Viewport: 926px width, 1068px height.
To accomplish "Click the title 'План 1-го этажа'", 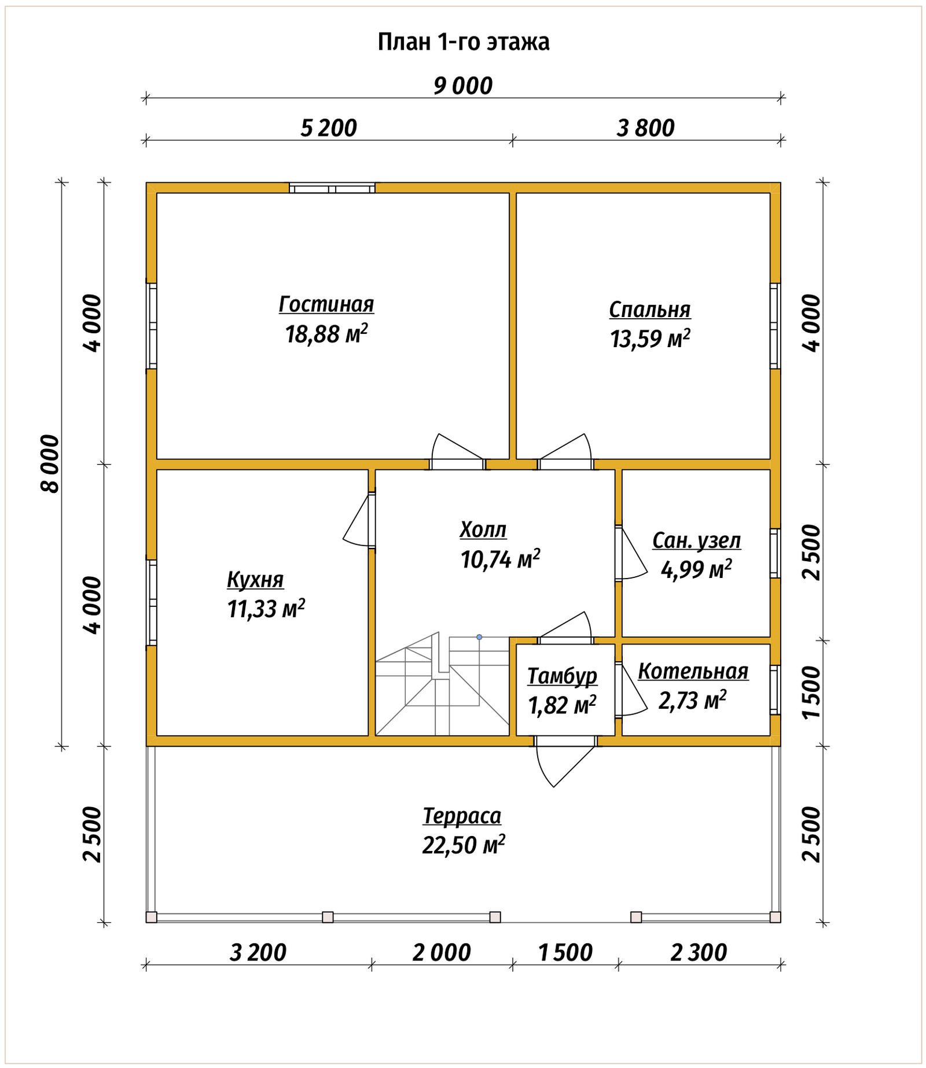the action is point(463,42).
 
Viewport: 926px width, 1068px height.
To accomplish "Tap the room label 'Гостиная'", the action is point(326,304).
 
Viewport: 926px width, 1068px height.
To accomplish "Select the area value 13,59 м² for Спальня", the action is point(650,338).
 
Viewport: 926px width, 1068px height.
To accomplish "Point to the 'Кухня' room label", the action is point(255,580).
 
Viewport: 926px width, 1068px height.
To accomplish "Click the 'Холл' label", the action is point(483,529).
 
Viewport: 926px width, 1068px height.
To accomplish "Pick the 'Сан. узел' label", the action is point(696,540).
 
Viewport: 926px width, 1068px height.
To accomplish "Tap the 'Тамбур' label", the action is point(562,676).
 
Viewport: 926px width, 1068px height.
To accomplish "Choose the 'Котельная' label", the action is point(693,671).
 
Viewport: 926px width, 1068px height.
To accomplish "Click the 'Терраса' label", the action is point(462,816).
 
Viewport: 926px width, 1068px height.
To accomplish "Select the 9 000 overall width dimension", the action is point(463,86).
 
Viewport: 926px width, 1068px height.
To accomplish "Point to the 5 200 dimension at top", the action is point(329,128).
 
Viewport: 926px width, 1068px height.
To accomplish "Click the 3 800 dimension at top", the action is point(646,128).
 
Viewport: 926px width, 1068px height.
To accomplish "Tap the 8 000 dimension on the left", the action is point(50,464).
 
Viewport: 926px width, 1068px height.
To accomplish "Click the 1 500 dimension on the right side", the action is point(812,693).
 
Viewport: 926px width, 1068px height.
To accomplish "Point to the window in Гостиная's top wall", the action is point(332,188).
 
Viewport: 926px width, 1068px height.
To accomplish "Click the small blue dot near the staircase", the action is point(479,637).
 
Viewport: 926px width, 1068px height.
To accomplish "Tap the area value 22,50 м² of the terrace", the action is point(464,845).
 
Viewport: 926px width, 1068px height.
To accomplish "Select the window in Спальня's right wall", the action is point(775,326).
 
